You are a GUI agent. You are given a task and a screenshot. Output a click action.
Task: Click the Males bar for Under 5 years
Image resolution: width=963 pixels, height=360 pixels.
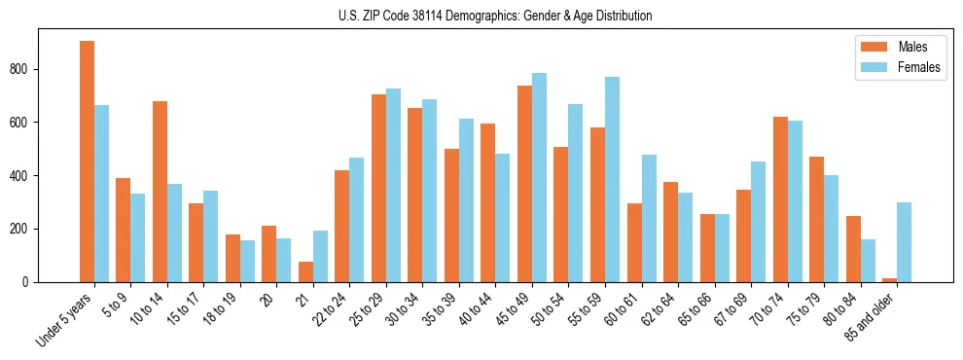click(87, 162)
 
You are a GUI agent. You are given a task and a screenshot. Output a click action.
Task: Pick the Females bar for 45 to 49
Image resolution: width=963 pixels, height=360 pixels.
click(540, 178)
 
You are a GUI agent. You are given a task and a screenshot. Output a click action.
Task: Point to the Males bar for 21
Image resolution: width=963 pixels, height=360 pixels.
click(305, 272)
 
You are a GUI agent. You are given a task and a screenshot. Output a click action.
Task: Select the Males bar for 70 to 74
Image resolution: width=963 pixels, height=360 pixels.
click(780, 199)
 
